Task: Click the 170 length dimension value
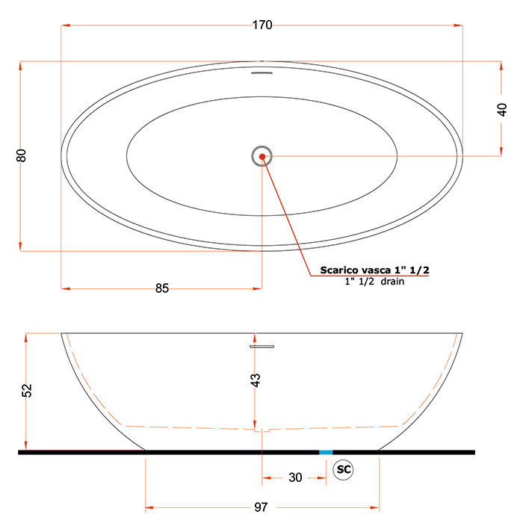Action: (x=262, y=25)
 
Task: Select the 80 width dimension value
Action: (x=21, y=155)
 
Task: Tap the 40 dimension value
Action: (x=501, y=110)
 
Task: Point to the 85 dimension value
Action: (x=162, y=288)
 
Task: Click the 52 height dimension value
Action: (x=27, y=391)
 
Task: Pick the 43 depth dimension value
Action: (x=256, y=380)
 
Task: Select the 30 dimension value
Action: (x=295, y=477)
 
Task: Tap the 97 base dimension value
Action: (x=261, y=507)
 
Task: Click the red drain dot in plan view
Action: (x=262, y=156)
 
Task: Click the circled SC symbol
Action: (x=343, y=470)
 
